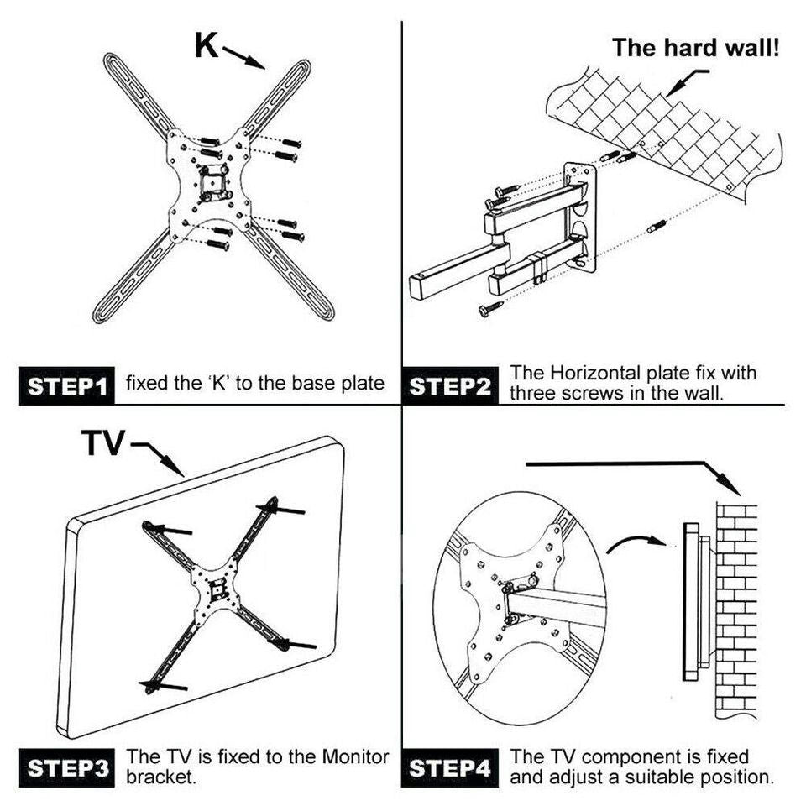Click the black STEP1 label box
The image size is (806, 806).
67,386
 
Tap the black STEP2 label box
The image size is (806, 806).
451,386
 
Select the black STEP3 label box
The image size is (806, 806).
67,768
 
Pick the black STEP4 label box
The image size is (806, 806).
451,768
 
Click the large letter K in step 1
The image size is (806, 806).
207,45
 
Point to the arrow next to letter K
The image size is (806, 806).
244,57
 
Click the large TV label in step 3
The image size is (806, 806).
102,442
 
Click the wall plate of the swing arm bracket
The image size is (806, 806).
581,217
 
